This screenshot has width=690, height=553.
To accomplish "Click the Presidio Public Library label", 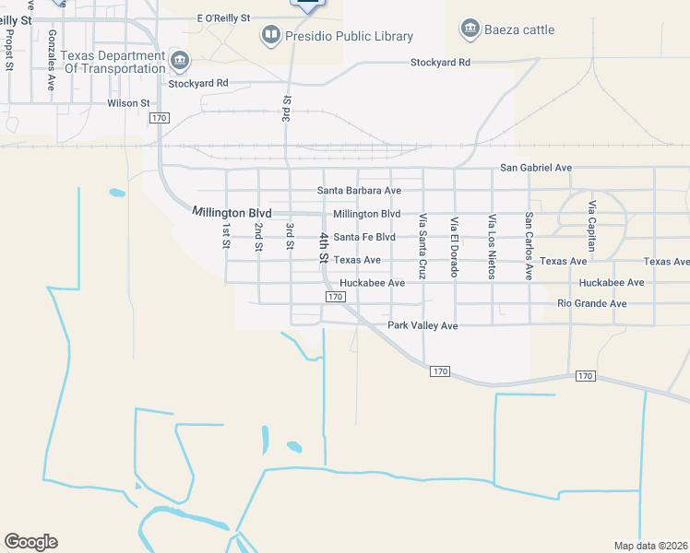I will (x=349, y=37).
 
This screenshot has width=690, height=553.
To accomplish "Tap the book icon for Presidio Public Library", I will (x=270, y=36).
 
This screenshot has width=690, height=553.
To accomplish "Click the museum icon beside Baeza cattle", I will (x=470, y=29).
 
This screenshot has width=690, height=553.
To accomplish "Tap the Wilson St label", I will (x=128, y=103).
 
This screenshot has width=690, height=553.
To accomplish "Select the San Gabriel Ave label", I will (x=536, y=168).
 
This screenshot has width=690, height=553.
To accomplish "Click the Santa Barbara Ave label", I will (x=359, y=191).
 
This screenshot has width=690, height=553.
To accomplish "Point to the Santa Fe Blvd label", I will (x=364, y=237).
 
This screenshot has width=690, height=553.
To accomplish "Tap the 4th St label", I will (x=324, y=247).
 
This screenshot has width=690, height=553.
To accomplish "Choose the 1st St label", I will (x=225, y=236).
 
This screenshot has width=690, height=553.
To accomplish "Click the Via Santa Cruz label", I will (x=422, y=246).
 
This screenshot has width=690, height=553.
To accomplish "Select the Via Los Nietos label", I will (x=492, y=245).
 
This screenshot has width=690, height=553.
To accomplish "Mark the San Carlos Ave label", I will (x=529, y=246).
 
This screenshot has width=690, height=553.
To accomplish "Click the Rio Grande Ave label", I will (x=592, y=303).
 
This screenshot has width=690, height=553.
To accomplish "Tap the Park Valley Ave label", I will (x=422, y=325).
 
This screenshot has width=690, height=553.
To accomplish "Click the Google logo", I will (x=30, y=542).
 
